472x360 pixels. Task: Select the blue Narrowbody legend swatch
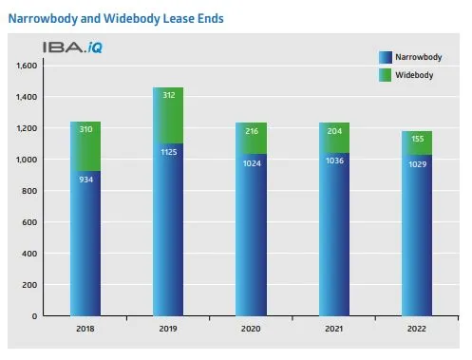click(x=384, y=56)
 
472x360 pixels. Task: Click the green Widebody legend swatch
click(x=384, y=73)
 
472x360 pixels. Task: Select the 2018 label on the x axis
click(x=85, y=328)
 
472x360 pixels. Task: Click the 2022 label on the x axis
click(x=417, y=328)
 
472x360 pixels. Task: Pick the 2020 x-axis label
click(x=251, y=328)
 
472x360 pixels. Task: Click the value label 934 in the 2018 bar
click(x=85, y=180)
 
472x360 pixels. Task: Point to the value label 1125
click(x=168, y=150)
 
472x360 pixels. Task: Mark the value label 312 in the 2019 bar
click(x=168, y=96)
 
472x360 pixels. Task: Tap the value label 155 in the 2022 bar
click(x=417, y=140)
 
